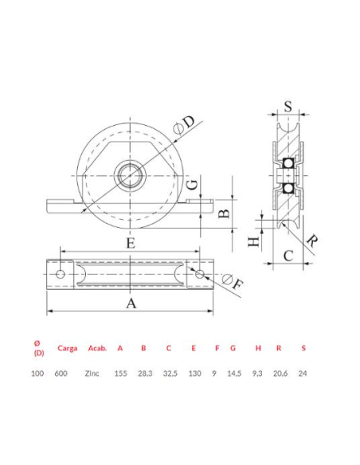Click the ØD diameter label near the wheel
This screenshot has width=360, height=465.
tap(184, 123)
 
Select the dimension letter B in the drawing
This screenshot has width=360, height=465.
tap(225, 213)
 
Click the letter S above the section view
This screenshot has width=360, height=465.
tap(288, 104)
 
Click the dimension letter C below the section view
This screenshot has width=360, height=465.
tap(289, 256)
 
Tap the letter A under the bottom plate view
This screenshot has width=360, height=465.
tap(132, 303)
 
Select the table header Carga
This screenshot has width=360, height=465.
tap(68, 347)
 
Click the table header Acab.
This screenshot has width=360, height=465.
tap(97, 347)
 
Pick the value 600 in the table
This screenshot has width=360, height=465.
tap(61, 373)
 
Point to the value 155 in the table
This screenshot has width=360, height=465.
tap(120, 373)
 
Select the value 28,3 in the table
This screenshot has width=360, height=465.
tap(144, 373)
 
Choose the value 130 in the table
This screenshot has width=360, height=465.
tap(194, 373)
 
